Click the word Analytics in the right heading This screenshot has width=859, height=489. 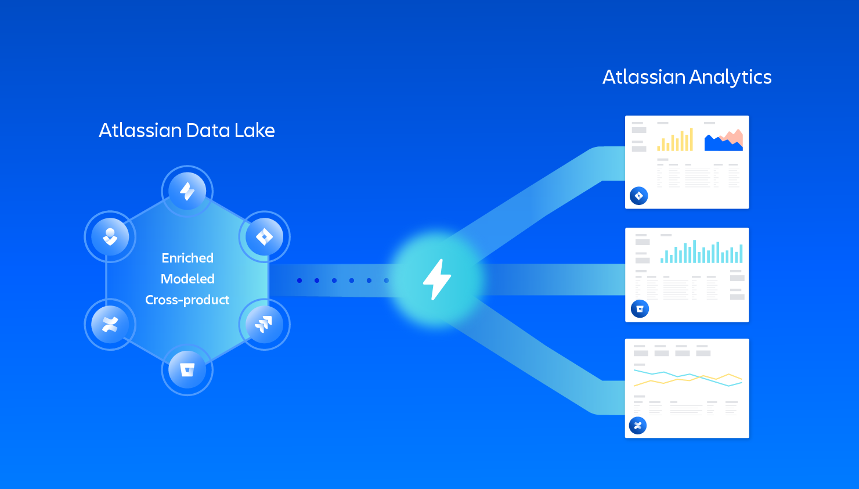coord(730,78)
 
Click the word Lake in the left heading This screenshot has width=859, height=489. coord(254,131)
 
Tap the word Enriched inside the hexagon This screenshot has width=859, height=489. coord(187,258)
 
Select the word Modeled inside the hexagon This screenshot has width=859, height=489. coord(187,279)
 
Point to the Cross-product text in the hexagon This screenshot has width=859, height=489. coord(187,300)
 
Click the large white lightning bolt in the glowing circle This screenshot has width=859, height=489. coord(437,279)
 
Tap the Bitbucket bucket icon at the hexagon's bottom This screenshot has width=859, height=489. coord(187,370)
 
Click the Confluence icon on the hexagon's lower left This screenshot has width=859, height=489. coord(110,325)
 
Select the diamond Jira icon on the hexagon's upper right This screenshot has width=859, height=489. coord(265,236)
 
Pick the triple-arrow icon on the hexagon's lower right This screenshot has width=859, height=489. coord(264,324)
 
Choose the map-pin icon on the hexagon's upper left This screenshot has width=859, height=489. coord(110,236)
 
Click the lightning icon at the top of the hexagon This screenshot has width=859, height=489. coord(187,191)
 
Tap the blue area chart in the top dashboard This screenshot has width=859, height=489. coord(724,140)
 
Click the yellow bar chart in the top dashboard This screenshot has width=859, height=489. coord(676,139)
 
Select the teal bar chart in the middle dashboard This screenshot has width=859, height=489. coord(701,252)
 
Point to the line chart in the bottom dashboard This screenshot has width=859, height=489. coord(688,378)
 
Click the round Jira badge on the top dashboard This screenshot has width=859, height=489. coord(639,196)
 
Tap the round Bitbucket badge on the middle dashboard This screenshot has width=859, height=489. coord(640,308)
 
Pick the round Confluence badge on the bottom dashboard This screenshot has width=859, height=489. coord(638,425)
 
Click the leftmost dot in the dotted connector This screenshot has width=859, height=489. coord(299,281)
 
